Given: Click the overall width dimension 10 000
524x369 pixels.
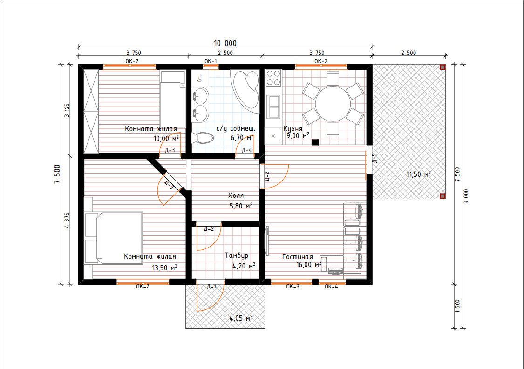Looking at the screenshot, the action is click(225, 43).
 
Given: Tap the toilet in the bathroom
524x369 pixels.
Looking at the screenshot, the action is click(203, 138).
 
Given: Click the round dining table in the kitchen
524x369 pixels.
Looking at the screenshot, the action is click(333, 103).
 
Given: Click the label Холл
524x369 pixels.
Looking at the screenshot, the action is click(236, 195).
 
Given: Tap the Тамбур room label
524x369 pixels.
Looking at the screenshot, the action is click(237, 255).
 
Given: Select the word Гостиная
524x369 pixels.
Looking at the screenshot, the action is click(298, 257).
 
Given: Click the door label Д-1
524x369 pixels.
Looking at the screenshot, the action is click(211, 287).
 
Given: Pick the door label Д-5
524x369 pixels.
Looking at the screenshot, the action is click(374, 158).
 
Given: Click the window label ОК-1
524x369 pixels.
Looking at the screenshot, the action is click(211, 61).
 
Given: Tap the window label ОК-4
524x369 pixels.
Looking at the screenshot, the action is click(331, 287).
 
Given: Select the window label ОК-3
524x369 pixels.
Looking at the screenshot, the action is click(293, 287).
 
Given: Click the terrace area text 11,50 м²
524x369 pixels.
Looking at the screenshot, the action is click(418, 174).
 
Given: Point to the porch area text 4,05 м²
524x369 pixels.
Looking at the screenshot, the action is click(241, 318).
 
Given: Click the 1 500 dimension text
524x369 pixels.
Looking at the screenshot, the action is click(457, 306).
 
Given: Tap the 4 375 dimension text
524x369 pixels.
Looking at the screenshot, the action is click(67, 220).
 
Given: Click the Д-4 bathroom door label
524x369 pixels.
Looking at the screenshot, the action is click(246, 150).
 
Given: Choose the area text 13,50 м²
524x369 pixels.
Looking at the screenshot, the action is click(164, 268).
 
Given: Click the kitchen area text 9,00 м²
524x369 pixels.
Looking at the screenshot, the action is click(298, 135).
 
